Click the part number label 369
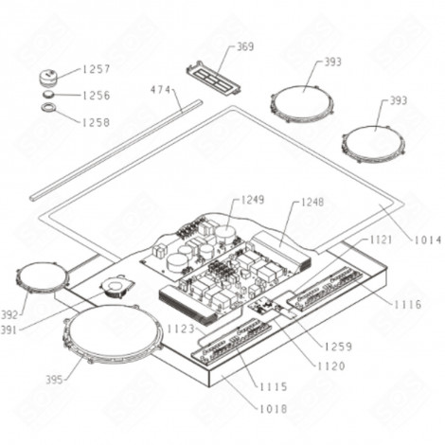pos(244,45)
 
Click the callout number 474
pos(161,90)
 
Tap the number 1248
pos(312,203)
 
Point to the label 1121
pos(380,241)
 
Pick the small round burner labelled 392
pos(43,278)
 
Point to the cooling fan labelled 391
pos(116,286)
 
